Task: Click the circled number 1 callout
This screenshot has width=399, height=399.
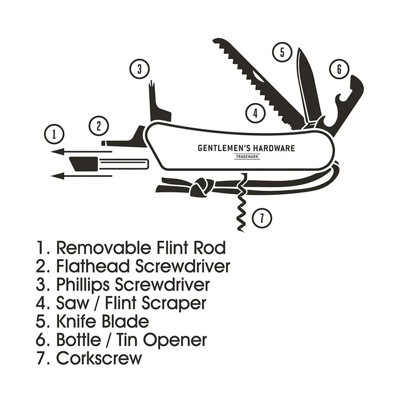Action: (55, 134)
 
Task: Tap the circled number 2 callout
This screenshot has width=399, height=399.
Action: (99, 125)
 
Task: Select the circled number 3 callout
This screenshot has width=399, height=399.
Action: (139, 69)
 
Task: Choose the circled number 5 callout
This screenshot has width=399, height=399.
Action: (282, 52)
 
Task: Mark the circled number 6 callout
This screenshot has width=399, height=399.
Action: (339, 69)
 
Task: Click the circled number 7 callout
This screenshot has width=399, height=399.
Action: (262, 217)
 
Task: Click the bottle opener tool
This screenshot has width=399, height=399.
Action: (346, 103)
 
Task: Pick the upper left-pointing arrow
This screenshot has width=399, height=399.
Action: (80, 151)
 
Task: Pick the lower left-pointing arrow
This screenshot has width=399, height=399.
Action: (80, 176)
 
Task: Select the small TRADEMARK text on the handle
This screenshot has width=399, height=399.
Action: (247, 157)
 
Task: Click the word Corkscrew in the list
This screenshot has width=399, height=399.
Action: (99, 358)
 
